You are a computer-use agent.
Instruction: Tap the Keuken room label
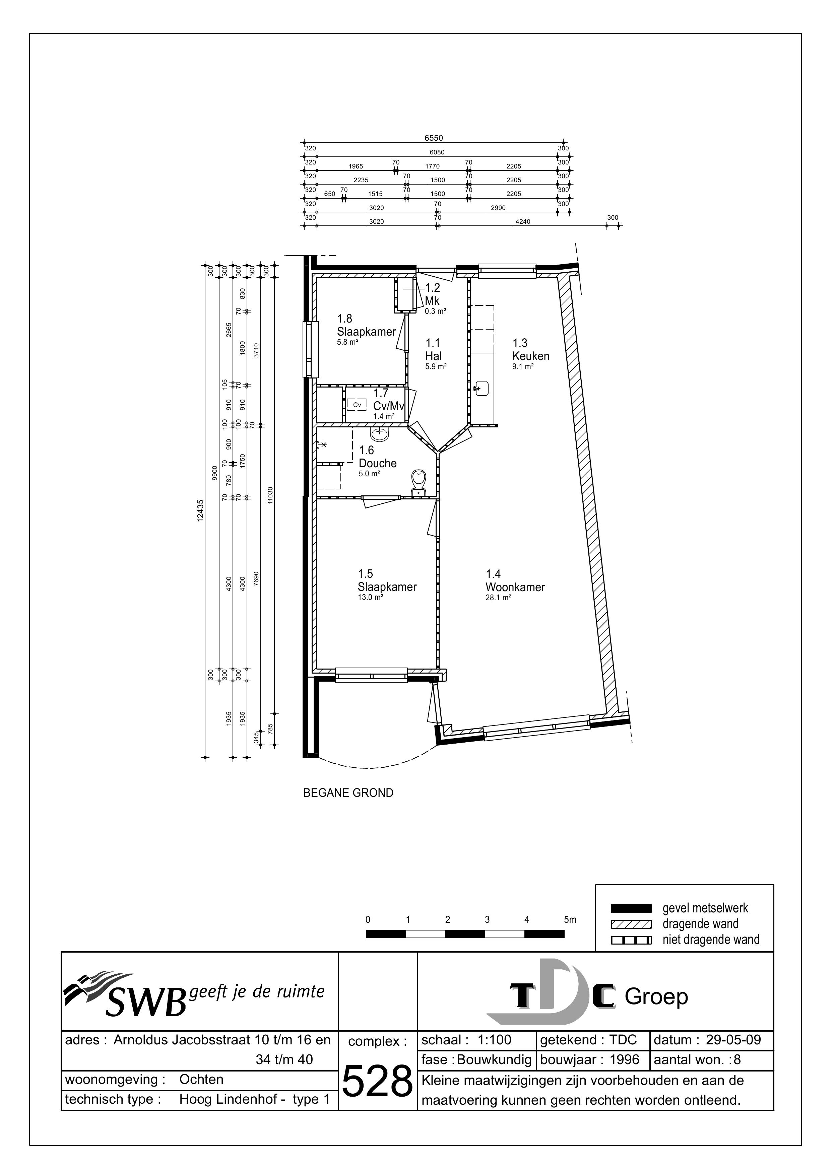pyautogui.click(x=530, y=356)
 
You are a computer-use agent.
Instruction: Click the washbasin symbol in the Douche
pyautogui.click(x=379, y=434)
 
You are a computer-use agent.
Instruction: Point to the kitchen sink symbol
pyautogui.click(x=482, y=389)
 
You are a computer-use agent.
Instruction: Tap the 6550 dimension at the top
pyautogui.click(x=433, y=138)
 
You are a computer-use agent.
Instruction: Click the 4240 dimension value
pyautogui.click(x=523, y=222)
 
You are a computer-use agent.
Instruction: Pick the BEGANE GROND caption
pyautogui.click(x=348, y=793)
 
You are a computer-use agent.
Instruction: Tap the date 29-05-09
pyautogui.click(x=733, y=1040)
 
